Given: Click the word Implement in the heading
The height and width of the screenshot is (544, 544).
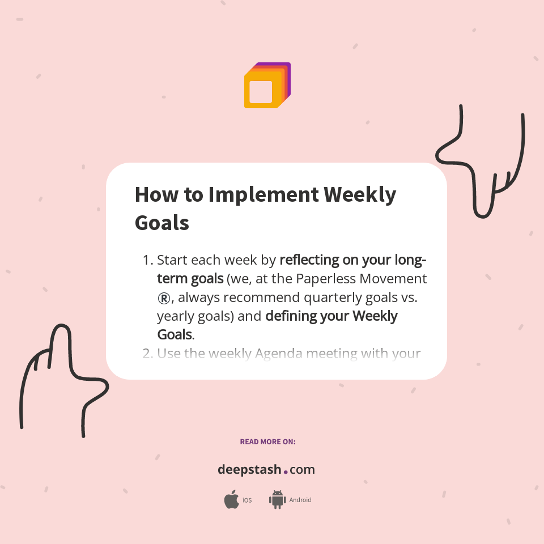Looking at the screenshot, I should pyautogui.click(x=263, y=195).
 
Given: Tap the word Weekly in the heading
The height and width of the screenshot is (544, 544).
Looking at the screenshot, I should pyautogui.click(x=360, y=195).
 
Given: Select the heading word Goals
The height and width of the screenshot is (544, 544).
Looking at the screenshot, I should pyautogui.click(x=161, y=223).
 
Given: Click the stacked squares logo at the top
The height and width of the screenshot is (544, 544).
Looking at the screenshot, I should pyautogui.click(x=267, y=86).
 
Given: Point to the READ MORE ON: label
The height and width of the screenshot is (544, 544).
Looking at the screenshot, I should pyautogui.click(x=267, y=441).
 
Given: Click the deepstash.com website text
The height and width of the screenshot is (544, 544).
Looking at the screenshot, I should pyautogui.click(x=266, y=470).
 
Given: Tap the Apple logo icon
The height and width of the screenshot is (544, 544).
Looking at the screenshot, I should pyautogui.click(x=231, y=500).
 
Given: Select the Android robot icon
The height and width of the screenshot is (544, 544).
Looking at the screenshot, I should pyautogui.click(x=277, y=500).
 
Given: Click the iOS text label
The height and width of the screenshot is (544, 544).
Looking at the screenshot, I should pyautogui.click(x=247, y=500).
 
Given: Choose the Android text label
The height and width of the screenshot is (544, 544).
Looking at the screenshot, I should pyautogui.click(x=300, y=500).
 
